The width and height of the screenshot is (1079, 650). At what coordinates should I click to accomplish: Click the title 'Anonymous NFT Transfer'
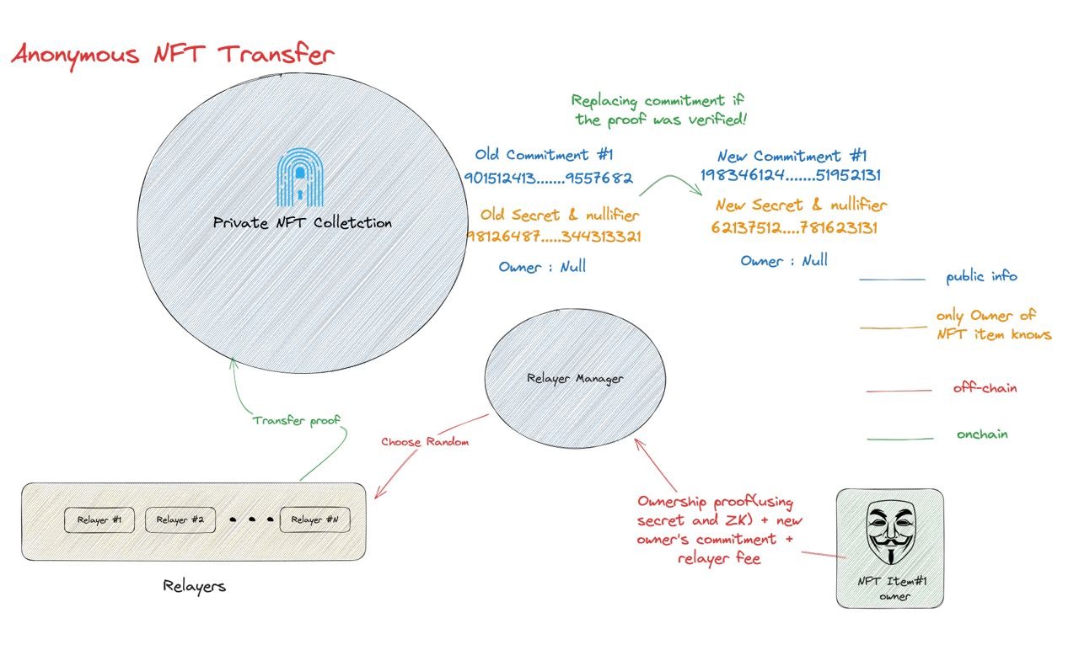coord(173,56)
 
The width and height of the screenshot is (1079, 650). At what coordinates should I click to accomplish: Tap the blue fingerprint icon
coord(299,177)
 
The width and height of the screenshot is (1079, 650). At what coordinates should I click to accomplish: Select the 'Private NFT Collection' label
coord(302,223)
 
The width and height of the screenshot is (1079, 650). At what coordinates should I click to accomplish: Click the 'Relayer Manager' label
coord(575,379)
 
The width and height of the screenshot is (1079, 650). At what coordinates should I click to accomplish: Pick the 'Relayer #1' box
coord(99,519)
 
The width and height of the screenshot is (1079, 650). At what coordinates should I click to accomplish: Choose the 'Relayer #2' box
coord(180,519)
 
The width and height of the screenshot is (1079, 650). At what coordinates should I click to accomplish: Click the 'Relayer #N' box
coord(315,519)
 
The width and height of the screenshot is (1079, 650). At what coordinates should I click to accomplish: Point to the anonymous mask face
coord(891,531)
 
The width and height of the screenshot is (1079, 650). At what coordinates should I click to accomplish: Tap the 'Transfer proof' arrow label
coord(296,420)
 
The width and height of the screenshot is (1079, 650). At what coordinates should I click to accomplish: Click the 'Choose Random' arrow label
coord(425,442)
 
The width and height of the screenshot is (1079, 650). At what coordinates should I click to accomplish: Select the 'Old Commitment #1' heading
coord(544,154)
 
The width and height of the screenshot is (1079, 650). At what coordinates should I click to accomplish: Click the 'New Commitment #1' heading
coord(792,156)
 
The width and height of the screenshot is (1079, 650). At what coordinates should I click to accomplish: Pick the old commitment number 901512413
coord(548,178)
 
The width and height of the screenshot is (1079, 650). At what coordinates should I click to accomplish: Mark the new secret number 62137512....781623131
coord(794,227)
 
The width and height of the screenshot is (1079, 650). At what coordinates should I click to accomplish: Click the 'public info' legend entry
coord(982,277)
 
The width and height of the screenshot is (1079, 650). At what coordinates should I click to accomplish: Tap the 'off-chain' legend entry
coord(985,387)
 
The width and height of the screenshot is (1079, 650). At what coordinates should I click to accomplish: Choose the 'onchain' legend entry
coord(982,434)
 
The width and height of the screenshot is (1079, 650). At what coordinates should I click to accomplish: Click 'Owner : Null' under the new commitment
coord(784,261)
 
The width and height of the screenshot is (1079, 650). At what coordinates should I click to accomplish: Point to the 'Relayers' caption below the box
coord(194,586)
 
